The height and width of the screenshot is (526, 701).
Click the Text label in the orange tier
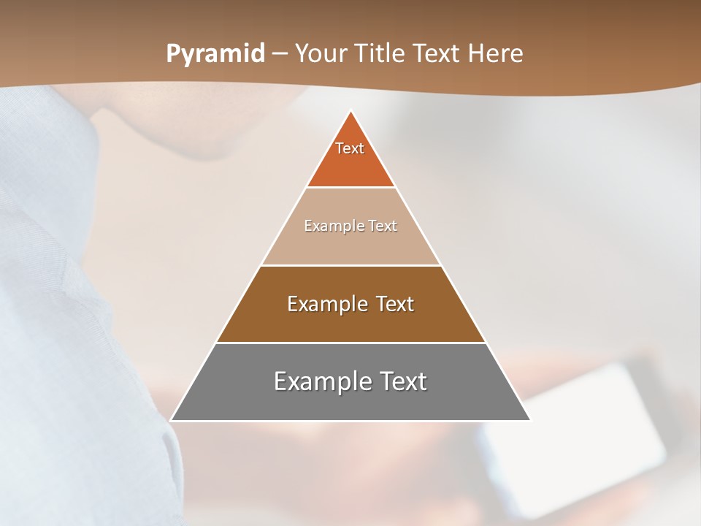click(x=350, y=148)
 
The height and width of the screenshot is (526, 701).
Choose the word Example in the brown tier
click(x=323, y=304)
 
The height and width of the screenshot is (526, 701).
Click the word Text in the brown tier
click(x=395, y=304)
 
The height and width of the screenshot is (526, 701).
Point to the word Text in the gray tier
click(x=403, y=381)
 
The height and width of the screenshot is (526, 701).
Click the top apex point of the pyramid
click(x=350, y=111)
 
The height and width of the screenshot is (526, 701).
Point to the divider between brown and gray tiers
click(x=350, y=343)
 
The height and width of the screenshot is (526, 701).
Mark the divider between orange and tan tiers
click(x=350, y=188)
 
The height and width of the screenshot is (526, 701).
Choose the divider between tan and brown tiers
click(x=350, y=265)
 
